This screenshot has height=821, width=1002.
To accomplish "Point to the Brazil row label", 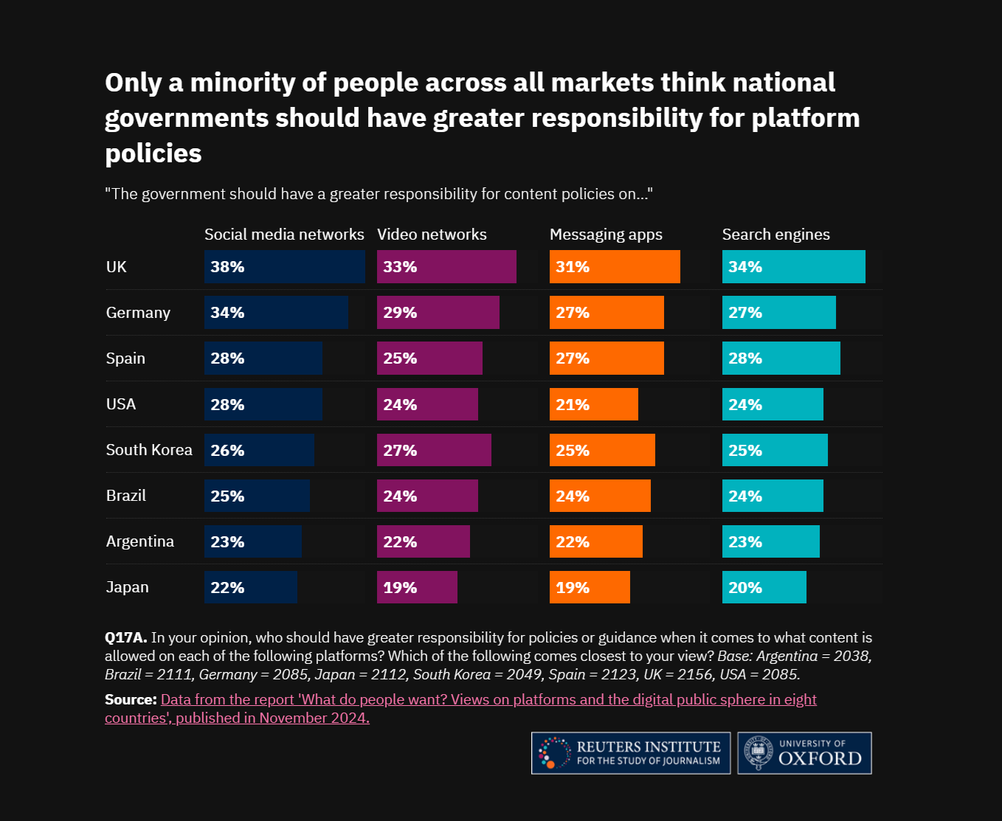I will [126, 496].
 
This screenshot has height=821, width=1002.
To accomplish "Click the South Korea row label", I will [149, 450].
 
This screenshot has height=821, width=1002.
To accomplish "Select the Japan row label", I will [128, 587].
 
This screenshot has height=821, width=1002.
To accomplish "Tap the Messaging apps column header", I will [606, 235].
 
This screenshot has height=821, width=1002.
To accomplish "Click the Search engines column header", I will [775, 235].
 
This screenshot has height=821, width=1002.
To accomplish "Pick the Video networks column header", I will [432, 235].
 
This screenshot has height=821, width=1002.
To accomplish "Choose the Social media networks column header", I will [284, 235].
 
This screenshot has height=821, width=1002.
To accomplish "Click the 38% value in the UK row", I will [227, 267].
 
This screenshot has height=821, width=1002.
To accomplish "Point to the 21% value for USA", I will [573, 405].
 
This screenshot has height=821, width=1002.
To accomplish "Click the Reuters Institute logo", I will [631, 753].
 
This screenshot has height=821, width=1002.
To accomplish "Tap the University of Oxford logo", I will [804, 753].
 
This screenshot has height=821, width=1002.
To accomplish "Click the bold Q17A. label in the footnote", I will [126, 638].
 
